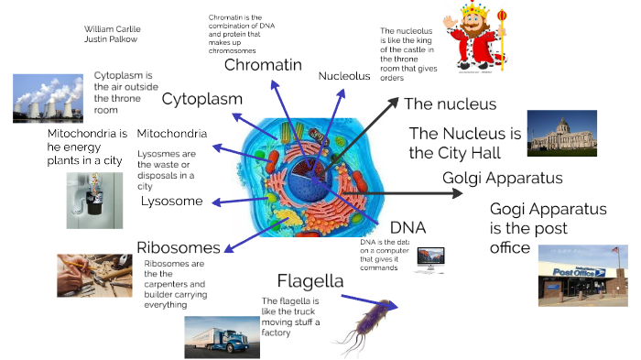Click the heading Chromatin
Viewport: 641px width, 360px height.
point(263,65)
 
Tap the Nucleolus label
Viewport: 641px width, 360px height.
point(344,76)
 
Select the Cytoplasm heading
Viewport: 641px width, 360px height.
point(202,99)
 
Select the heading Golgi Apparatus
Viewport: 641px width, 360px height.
point(502,178)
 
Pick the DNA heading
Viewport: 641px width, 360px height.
point(407,227)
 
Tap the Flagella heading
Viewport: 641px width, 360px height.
point(310,281)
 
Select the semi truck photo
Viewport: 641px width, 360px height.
point(222,336)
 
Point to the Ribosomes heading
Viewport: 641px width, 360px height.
point(178,247)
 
